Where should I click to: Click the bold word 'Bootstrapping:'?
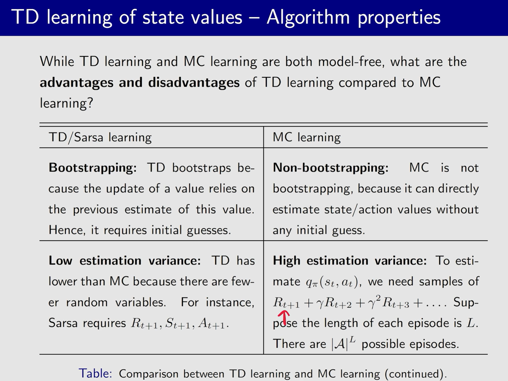[x=92, y=168]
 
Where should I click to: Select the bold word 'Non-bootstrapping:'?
[x=330, y=168]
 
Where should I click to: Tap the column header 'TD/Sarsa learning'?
[x=100, y=137]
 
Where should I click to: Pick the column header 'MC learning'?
[x=306, y=137]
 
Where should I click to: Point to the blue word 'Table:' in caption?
[x=95, y=373]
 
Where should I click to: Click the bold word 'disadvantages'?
[x=194, y=82]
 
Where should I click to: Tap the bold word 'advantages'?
[x=77, y=82]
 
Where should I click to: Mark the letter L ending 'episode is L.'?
[x=471, y=323]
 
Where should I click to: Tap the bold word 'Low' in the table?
[x=60, y=261]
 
